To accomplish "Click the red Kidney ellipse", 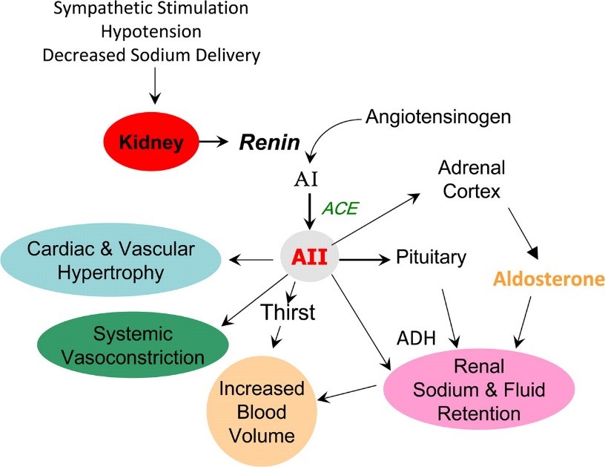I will click(x=153, y=142).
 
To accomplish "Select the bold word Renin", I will click(x=268, y=143).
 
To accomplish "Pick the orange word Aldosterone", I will click(x=549, y=280).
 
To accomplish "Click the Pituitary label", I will click(x=432, y=258).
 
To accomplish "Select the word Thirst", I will click(x=288, y=313).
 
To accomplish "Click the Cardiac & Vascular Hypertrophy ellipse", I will click(x=114, y=261).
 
